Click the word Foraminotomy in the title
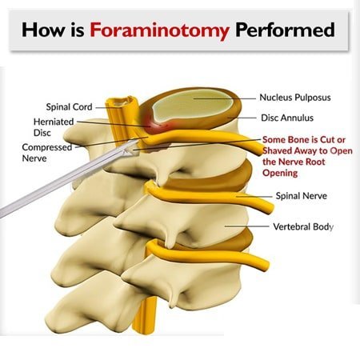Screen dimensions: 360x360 click(x=159, y=30)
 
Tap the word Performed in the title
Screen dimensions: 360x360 click(x=285, y=30)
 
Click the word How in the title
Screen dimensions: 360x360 click(x=43, y=30)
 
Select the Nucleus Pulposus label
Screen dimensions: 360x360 click(x=295, y=98)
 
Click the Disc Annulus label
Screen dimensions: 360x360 click(x=287, y=118)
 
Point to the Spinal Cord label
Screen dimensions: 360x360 click(x=69, y=107)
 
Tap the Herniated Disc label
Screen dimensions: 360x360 click(x=54, y=127)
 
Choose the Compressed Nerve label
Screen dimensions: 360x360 click(x=47, y=153)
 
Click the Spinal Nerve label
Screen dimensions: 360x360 click(x=301, y=196)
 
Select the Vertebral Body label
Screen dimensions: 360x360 click(x=303, y=226)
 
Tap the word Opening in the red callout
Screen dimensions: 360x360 click(x=280, y=173)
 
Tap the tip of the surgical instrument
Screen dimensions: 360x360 click(x=138, y=141)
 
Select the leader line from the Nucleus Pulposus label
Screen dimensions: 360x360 click(x=224, y=98)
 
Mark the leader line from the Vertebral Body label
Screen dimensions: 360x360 click(x=246, y=226)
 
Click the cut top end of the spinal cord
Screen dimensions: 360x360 click(x=122, y=102)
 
